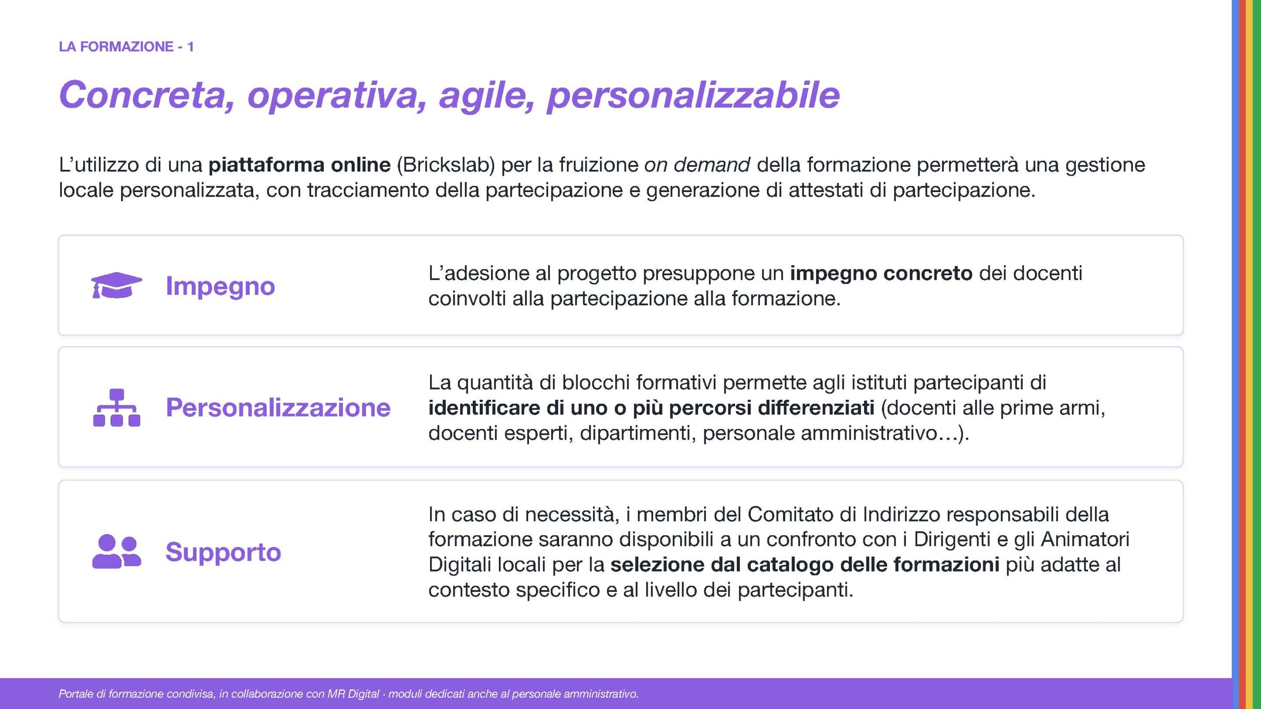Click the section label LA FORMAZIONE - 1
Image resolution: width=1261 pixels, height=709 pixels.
[126, 47]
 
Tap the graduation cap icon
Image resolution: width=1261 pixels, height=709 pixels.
[117, 285]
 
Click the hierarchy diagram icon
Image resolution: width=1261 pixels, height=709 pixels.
[117, 408]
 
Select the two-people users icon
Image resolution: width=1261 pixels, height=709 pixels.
[117, 551]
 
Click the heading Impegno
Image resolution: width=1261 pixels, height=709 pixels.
[220, 287]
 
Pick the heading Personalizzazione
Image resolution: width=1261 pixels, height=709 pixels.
[278, 407]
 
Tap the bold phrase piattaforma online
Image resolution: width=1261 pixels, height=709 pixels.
[299, 165]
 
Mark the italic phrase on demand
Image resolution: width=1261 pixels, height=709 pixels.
[697, 165]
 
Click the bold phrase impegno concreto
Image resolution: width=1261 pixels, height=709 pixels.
[881, 274]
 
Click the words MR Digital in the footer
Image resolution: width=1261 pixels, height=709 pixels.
[353, 694]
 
